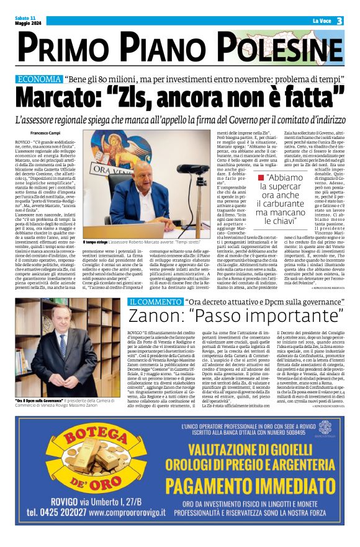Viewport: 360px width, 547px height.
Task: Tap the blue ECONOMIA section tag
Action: click(40, 79)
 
